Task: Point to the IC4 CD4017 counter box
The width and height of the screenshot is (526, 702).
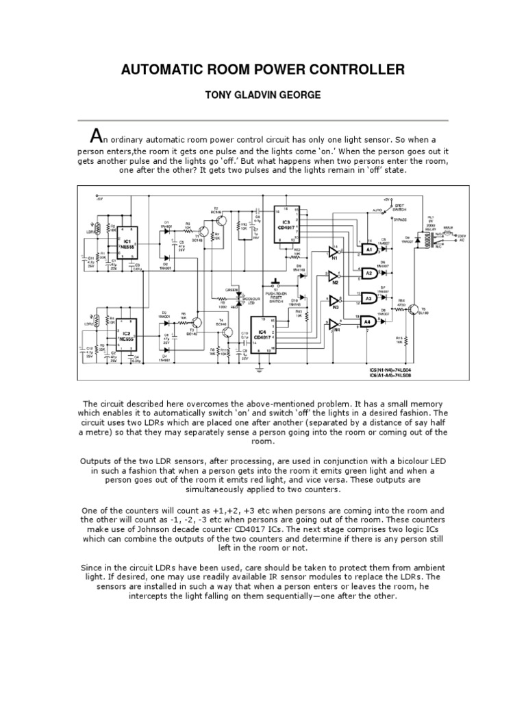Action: [262, 336]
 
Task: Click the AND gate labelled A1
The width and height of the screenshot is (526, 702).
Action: [368, 250]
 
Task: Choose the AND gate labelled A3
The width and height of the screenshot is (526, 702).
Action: [368, 298]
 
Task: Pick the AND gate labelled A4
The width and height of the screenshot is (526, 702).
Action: [368, 321]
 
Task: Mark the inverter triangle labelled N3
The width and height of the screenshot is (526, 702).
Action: [334, 302]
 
